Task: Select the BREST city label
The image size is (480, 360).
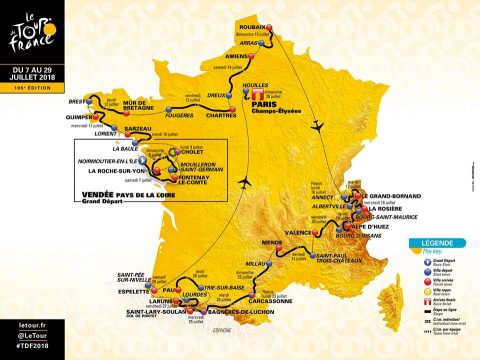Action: pyautogui.click(x=83, y=102)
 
